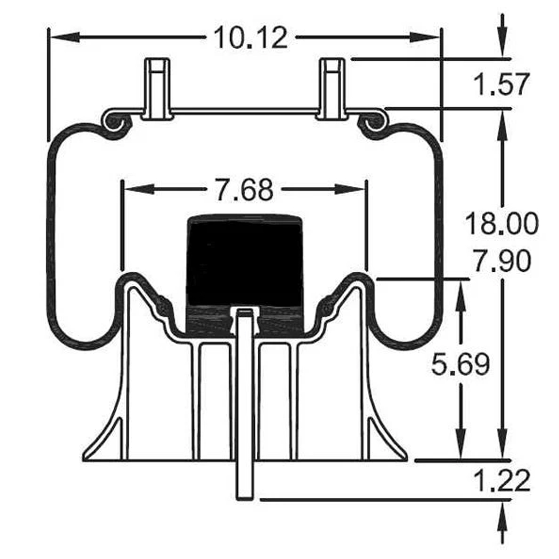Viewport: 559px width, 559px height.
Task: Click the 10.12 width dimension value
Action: coord(251,38)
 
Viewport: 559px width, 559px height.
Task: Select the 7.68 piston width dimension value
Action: coord(244,190)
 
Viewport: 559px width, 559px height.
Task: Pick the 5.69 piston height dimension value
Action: coord(460,365)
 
